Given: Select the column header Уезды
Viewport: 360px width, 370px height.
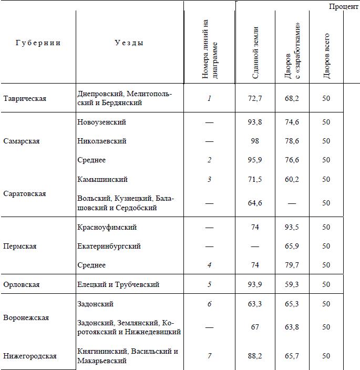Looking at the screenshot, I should click(129, 43).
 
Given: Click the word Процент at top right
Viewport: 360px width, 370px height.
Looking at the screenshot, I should click(344, 6).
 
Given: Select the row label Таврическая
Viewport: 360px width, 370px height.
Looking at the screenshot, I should click(25, 98).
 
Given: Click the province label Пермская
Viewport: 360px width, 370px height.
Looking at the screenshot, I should click(20, 246).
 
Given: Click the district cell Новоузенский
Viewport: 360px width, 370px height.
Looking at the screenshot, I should click(101, 122).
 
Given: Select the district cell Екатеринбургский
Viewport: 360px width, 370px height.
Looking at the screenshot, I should click(109, 246).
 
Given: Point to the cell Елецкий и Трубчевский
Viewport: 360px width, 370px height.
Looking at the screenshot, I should click(118, 284).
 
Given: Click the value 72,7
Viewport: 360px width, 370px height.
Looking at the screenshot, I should click(255, 98).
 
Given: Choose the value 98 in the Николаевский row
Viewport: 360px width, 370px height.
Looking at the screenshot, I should click(255, 141).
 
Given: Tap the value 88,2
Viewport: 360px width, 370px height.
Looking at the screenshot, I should click(255, 356).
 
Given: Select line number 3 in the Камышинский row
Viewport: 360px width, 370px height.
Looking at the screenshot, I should click(209, 179).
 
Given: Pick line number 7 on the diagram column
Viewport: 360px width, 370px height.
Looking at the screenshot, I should click(209, 356).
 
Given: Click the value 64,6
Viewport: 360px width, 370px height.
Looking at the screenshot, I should click(255, 203).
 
